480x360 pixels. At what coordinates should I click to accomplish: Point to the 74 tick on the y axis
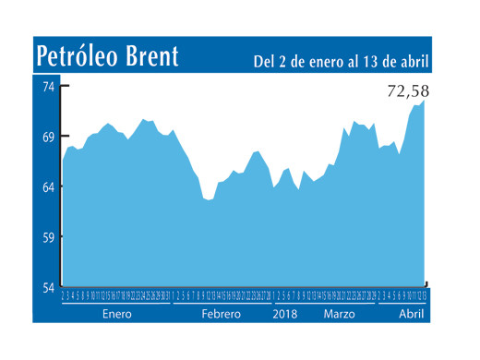(x=47, y=86)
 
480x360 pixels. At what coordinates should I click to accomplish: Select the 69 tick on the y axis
(x=47, y=137)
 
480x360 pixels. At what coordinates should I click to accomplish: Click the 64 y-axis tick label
(x=47, y=187)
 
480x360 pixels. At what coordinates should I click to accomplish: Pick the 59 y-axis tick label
(x=47, y=237)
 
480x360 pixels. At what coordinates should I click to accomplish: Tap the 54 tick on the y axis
(x=47, y=287)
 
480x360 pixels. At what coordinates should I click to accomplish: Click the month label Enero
(x=117, y=314)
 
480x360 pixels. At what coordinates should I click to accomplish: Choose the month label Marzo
(x=341, y=314)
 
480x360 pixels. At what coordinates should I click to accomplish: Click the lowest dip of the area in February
(x=209, y=199)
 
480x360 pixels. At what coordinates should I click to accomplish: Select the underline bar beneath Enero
(x=117, y=303)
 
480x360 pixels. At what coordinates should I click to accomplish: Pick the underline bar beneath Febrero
(x=221, y=303)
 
